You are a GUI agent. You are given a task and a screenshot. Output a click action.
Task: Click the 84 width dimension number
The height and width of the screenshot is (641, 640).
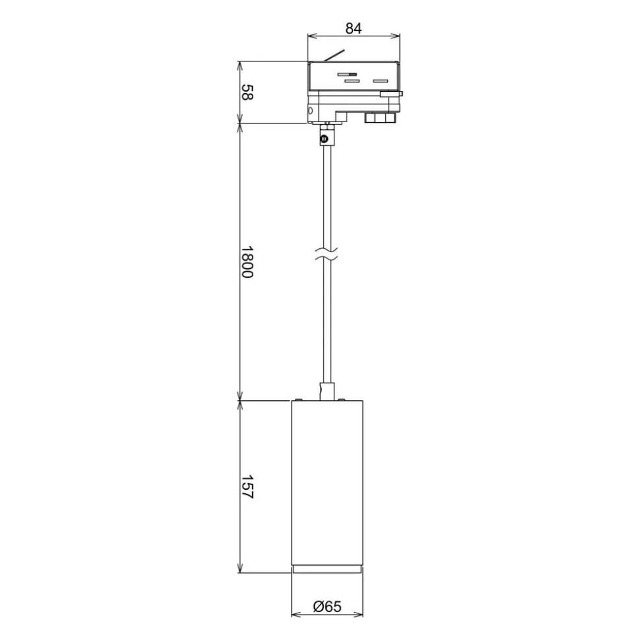click(x=354, y=28)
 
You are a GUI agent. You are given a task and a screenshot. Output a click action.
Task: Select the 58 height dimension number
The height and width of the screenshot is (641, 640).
click(x=247, y=92)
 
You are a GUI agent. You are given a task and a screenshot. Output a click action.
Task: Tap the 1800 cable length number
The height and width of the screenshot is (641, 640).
click(x=247, y=262)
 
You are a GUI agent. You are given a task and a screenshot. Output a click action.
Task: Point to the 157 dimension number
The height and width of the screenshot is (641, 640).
click(x=247, y=487)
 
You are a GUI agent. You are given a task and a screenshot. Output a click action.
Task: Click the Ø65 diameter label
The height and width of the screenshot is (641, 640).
click(x=327, y=606)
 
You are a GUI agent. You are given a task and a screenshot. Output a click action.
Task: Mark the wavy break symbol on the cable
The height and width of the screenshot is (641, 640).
click(x=327, y=254)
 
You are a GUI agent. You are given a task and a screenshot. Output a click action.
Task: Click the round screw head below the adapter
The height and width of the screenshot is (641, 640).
click(x=325, y=139)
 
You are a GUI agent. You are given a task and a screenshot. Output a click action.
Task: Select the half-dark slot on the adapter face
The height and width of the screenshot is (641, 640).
click(x=347, y=75)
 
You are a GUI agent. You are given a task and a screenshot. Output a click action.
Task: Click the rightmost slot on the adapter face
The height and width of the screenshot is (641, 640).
click(x=380, y=81)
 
